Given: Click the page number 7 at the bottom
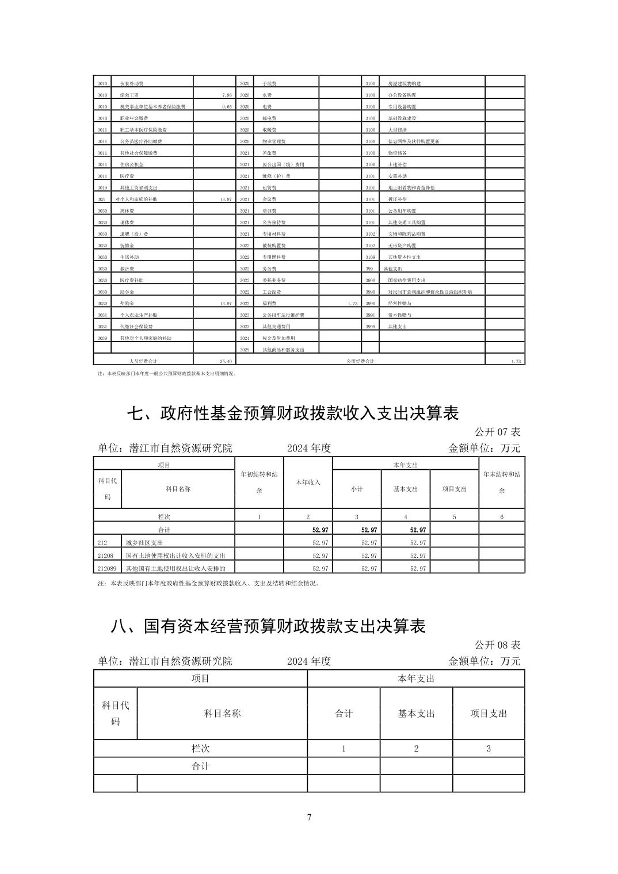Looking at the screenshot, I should (309, 817).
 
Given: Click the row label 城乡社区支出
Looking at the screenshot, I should (144, 542).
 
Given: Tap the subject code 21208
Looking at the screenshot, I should (105, 555).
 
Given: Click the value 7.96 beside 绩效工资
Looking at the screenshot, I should (226, 95).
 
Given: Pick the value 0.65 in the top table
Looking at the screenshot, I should (226, 106).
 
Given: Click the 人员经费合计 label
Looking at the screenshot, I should (143, 361).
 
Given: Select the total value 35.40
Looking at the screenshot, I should (226, 361).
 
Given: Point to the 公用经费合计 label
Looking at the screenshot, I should (360, 361).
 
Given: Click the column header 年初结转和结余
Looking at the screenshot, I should (259, 482).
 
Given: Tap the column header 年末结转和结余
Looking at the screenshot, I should (502, 482).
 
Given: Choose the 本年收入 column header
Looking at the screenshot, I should (308, 482).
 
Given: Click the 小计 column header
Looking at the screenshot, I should (357, 489).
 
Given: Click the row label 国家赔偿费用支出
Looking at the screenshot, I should (406, 280).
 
